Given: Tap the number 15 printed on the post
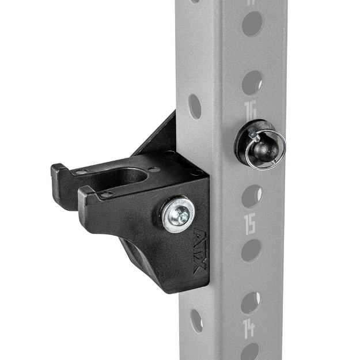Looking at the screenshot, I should coord(250,225).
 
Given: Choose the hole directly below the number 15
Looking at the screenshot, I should coord(251,251).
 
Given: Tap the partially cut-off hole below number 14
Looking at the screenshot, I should coord(250,352).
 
